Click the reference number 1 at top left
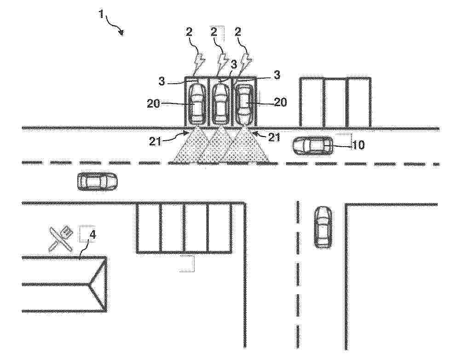(101, 13)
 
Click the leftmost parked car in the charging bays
(196, 104)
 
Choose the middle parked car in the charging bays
(220, 104)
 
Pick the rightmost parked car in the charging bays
(244, 104)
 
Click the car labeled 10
(313, 145)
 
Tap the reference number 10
(358, 144)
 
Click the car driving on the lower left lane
(97, 182)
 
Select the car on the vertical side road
(323, 227)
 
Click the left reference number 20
(154, 103)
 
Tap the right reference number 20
(281, 102)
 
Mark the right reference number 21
(274, 137)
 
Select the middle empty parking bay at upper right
(335, 103)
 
